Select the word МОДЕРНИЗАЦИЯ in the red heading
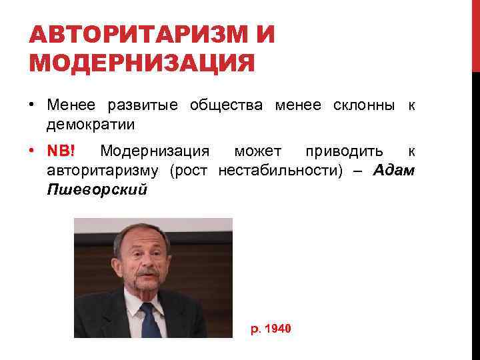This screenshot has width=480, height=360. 141,63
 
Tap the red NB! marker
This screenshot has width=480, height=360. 65,151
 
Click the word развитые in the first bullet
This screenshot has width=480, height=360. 143,105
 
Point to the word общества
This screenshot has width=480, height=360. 223,105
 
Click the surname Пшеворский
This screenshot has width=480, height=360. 97,189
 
